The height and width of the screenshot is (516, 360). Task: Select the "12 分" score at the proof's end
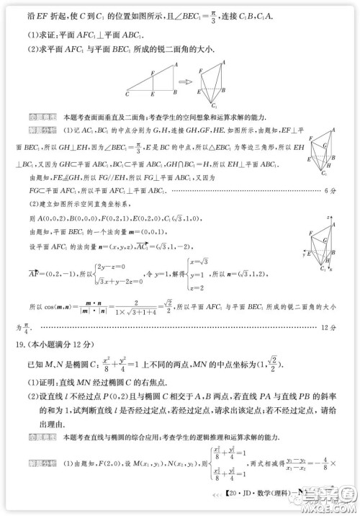pos(328,326)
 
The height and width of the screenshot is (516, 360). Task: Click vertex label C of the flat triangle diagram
pos(126,94)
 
